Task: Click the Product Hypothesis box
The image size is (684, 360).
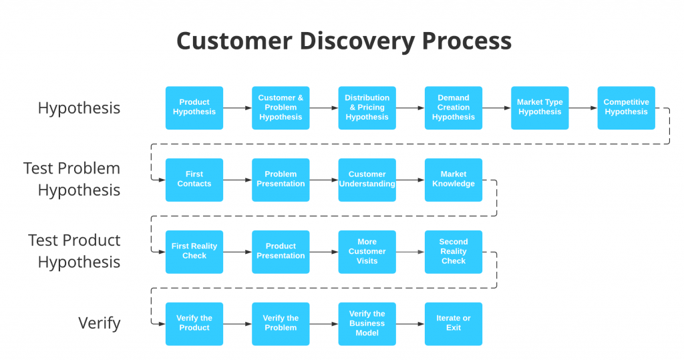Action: click(x=194, y=108)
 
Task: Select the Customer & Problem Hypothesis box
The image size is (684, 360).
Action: click(x=281, y=108)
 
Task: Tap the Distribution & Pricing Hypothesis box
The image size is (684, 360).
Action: click(x=367, y=108)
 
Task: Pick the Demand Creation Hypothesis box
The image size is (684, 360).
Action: click(x=454, y=108)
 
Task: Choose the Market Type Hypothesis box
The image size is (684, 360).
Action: click(x=540, y=108)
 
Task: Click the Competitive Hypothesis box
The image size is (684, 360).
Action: click(x=626, y=108)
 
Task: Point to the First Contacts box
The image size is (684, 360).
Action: click(x=194, y=180)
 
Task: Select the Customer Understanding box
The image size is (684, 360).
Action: click(x=367, y=180)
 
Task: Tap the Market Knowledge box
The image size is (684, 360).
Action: click(x=454, y=180)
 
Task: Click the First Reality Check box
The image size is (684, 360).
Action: click(x=194, y=252)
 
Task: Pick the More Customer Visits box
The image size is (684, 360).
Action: click(x=367, y=252)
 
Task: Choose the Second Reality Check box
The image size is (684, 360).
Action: click(x=454, y=252)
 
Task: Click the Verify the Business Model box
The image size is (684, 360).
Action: click(x=367, y=324)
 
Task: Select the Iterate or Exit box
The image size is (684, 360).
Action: click(x=454, y=324)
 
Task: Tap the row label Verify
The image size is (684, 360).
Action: click(x=100, y=323)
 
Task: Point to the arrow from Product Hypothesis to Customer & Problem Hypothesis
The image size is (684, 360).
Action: click(x=237, y=108)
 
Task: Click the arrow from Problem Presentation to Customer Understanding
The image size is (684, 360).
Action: click(x=324, y=180)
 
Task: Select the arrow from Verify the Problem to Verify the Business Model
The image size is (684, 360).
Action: click(x=324, y=324)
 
